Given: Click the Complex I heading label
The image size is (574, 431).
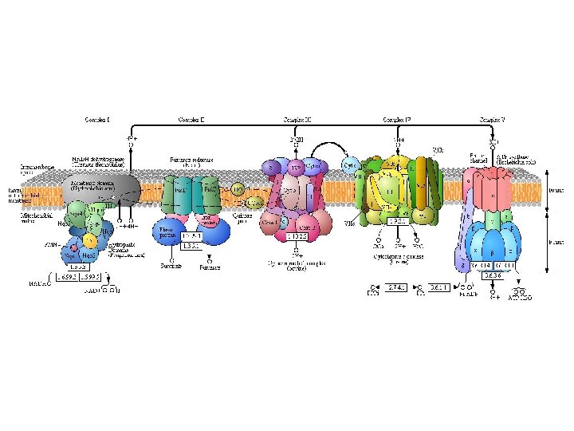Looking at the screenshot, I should point(97,120).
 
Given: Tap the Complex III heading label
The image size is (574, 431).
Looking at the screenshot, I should point(297,120).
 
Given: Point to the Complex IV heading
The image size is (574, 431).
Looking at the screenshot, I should point(396,120).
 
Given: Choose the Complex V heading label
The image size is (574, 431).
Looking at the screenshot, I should point(492,120).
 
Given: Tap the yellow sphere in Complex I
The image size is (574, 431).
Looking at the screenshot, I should point(91,239).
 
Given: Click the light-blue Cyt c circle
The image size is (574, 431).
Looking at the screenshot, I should point(349,165).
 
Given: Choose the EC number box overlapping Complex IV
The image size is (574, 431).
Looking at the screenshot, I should point(397,221).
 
